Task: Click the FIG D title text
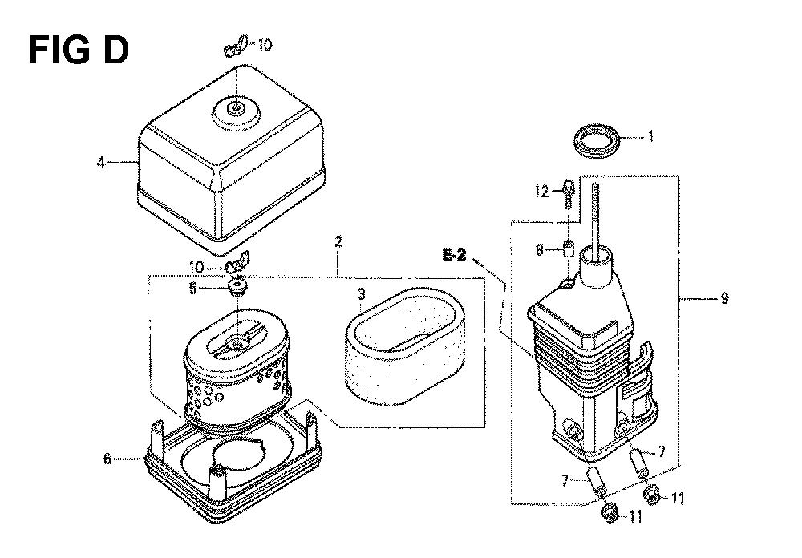coord(79,51)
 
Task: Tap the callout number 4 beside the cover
coord(101,163)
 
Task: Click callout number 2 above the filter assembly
coord(338,242)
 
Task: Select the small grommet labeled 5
coord(237,287)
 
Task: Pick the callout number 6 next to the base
coord(107,459)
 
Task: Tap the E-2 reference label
coord(454,254)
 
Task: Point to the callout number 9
coord(724,297)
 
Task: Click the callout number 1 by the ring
coord(650,136)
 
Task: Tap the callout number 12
coord(541,192)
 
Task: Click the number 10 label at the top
coord(265,45)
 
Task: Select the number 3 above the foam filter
coord(362,294)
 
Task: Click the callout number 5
coord(192,289)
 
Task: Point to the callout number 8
coord(539,250)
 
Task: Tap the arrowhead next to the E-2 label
coord(477,261)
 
